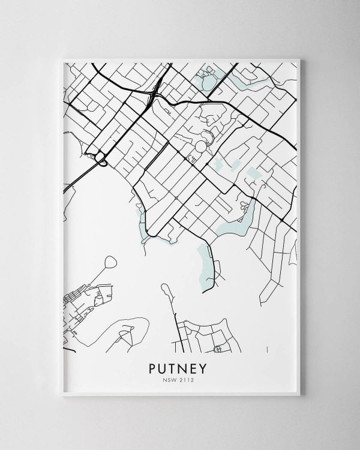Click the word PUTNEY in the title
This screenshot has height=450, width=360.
(179, 367)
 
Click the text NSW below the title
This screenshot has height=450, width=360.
(171, 379)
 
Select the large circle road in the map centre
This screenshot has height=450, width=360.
(199, 146)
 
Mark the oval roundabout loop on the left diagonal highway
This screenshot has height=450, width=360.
(101, 160)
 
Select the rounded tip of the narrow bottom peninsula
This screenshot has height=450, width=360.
(164, 289)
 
